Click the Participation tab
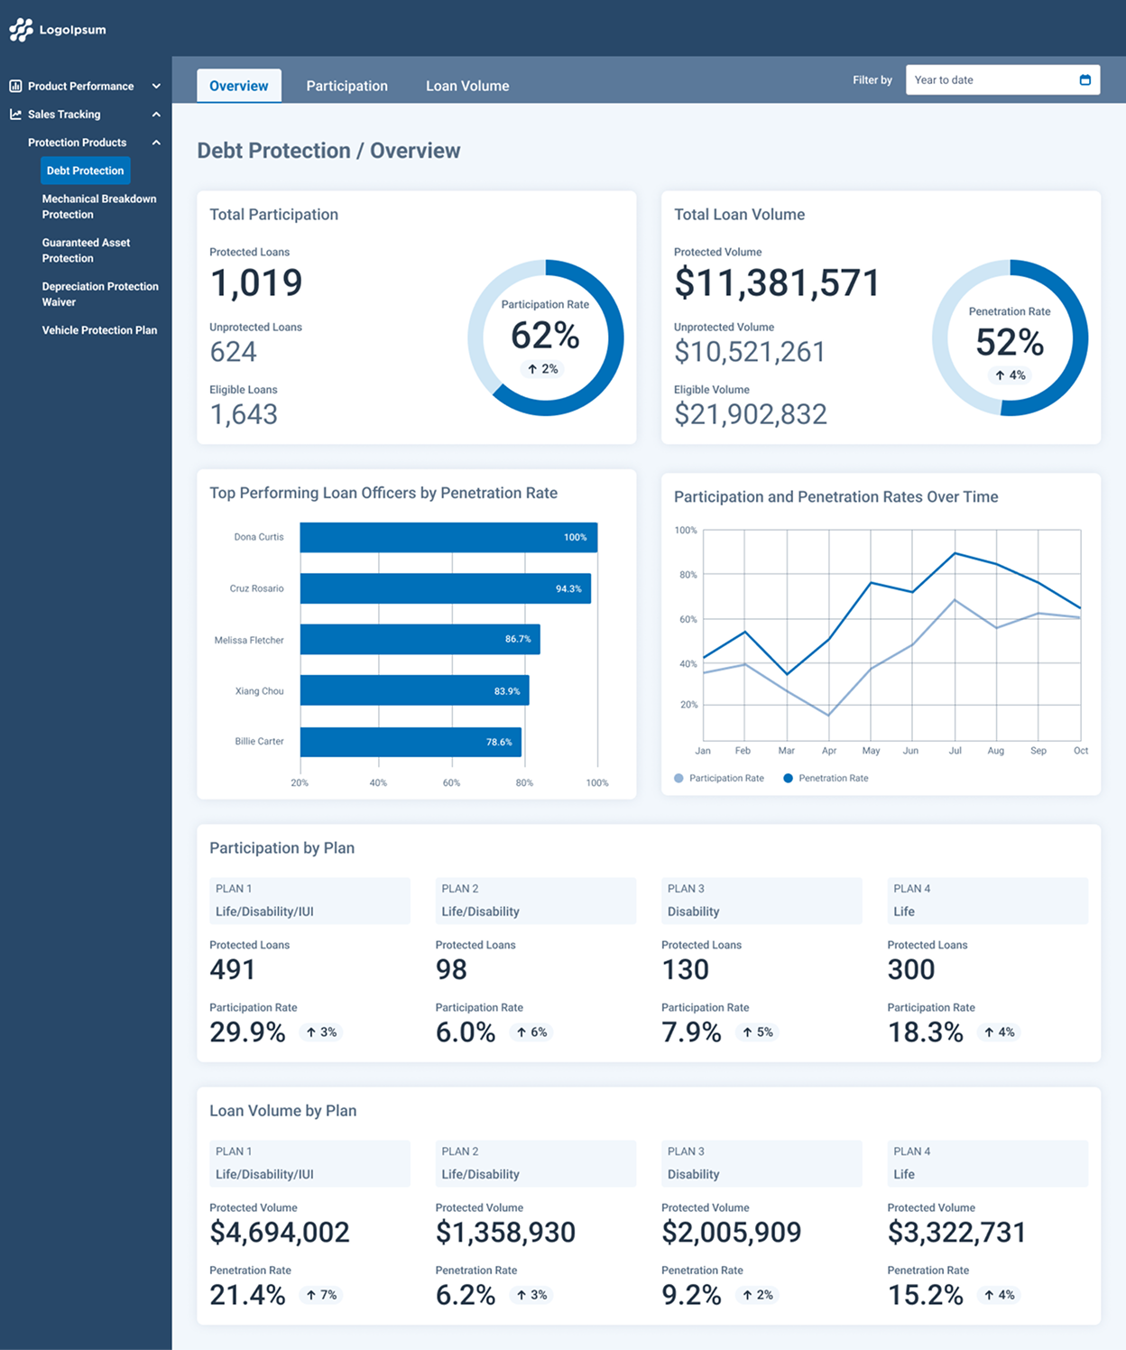tap(347, 86)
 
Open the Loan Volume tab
tap(467, 86)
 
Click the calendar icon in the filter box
tap(1085, 79)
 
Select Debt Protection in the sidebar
tap(86, 171)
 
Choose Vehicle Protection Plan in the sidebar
tap(99, 330)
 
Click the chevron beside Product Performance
tap(156, 86)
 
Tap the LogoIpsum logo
tap(58, 30)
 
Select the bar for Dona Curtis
tap(448, 537)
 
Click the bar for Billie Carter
tap(411, 742)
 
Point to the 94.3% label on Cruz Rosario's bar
tap(568, 589)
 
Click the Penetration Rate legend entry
tap(826, 779)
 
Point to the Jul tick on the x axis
tap(955, 751)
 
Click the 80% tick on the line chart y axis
tap(688, 575)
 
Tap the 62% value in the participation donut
tap(545, 336)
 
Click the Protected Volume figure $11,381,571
tap(777, 283)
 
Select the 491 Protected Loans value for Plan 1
tap(232, 970)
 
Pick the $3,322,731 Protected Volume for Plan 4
tap(956, 1233)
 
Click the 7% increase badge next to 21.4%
tap(321, 1295)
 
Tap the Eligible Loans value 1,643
tap(244, 414)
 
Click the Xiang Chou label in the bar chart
tap(259, 691)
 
